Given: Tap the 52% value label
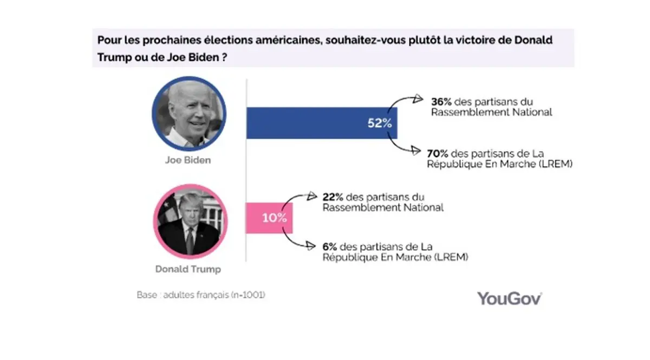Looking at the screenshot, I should pos(379,123).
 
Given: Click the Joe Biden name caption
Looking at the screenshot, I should pos(188,161).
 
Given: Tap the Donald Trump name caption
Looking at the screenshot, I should pos(188,269).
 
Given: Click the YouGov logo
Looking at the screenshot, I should pos(509,298).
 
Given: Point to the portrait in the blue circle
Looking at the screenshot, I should pos(188,114).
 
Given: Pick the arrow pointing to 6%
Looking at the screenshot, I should pos(301,244).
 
